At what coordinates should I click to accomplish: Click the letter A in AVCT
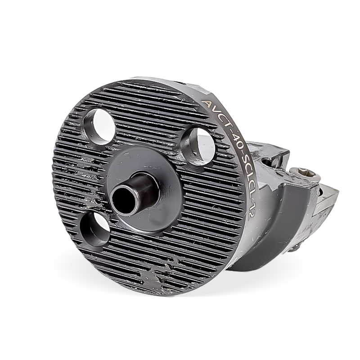pyautogui.click(x=206, y=103)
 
